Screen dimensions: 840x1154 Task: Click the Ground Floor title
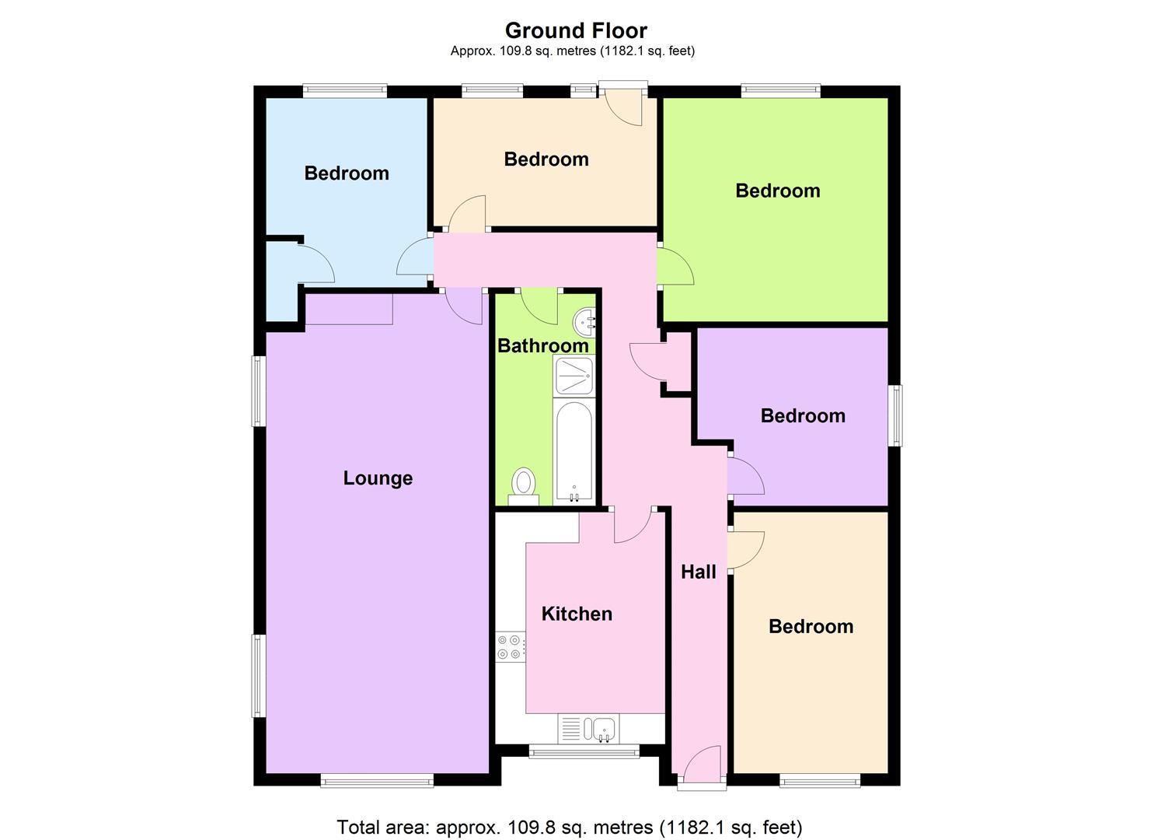[576, 30]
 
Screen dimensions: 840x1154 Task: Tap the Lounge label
[378, 478]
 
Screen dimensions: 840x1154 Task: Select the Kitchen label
[577, 614]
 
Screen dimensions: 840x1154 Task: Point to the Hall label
[698, 572]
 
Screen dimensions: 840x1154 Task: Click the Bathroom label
[542, 345]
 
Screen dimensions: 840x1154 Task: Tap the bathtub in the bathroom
[574, 451]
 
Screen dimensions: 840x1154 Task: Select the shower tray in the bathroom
[574, 376]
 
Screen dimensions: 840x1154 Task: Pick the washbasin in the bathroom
[585, 320]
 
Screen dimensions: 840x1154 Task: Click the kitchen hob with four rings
[511, 646]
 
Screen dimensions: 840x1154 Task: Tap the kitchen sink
[602, 729]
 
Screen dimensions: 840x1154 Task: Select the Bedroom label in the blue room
[347, 173]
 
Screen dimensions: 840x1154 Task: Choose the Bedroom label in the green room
[778, 191]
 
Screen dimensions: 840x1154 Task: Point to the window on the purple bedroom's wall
[896, 415]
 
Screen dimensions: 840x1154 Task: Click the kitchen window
[584, 751]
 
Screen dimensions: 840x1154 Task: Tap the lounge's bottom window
[377, 780]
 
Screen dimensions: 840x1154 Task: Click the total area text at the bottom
[570, 827]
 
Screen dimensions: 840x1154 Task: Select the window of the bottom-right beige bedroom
[820, 780]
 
